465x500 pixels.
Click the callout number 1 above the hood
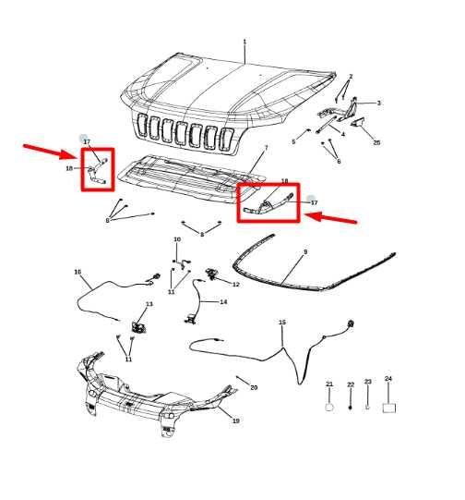244,42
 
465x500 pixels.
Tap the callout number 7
266,148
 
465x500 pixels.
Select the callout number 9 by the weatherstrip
305,251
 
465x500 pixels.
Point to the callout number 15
282,323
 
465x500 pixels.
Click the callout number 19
235,421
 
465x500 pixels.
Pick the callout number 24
388,379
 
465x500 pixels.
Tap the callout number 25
376,142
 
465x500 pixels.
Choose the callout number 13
149,304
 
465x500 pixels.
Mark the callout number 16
77,272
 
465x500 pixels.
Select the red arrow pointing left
330,218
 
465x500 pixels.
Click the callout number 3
378,104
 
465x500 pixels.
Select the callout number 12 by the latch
235,285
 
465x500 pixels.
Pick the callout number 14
223,302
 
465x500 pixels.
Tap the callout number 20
254,387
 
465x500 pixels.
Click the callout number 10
177,240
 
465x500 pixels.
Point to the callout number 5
293,141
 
